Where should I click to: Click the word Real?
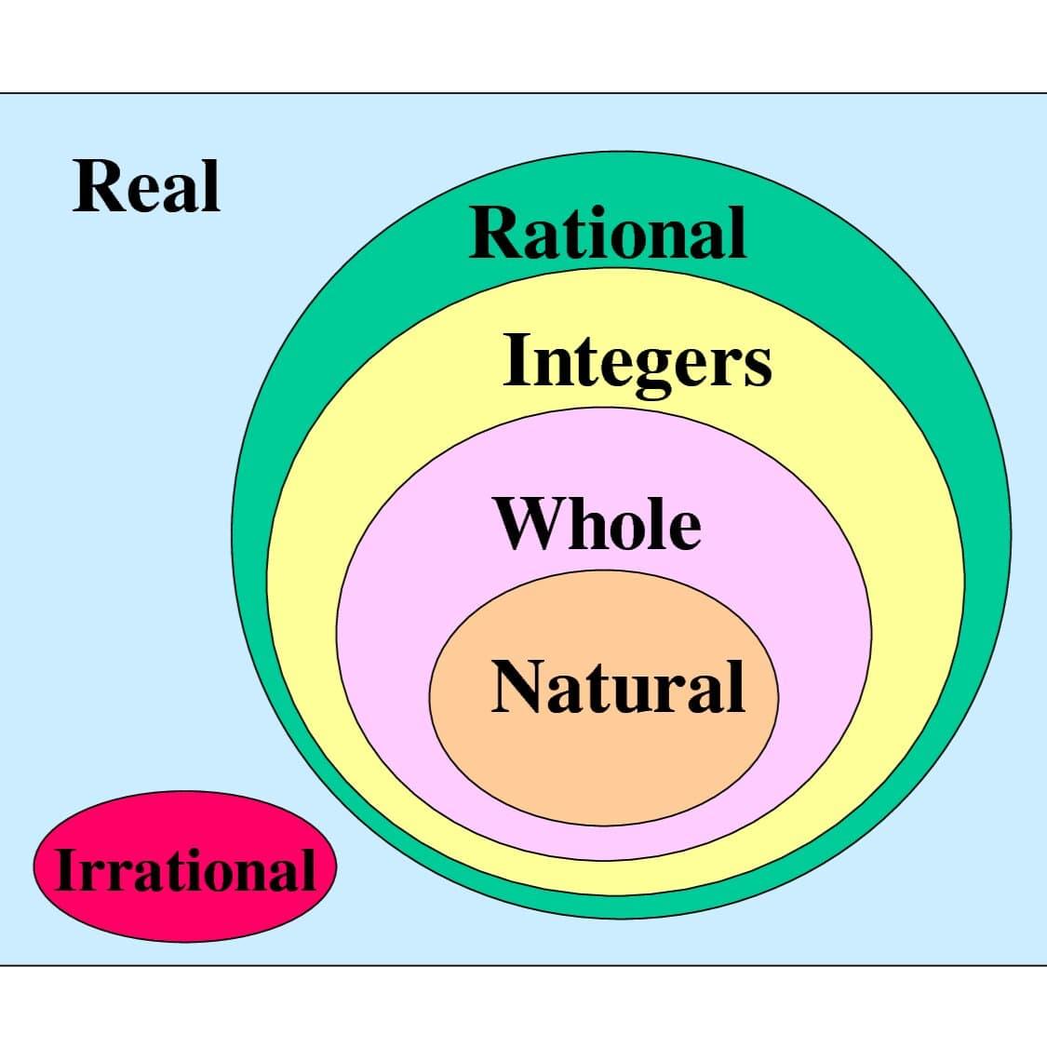(x=146, y=186)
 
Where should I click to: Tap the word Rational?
(x=608, y=233)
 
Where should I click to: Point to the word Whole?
(x=597, y=523)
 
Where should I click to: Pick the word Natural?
(x=618, y=687)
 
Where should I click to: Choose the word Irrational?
(x=185, y=869)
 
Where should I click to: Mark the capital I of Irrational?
(x=68, y=869)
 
